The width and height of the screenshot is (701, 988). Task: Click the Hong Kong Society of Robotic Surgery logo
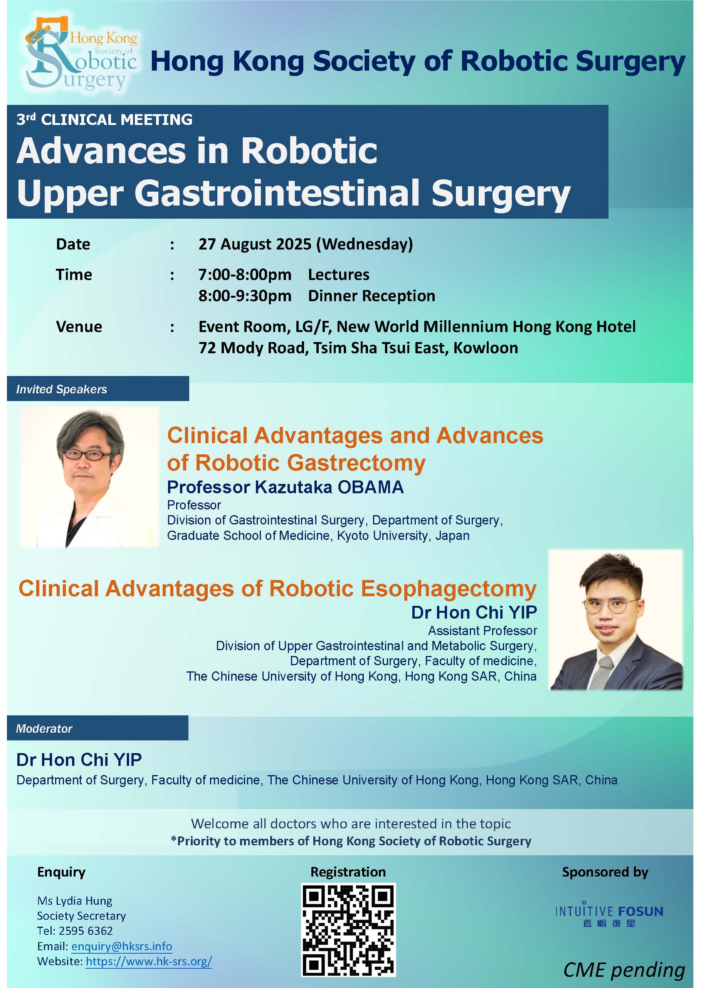click(81, 53)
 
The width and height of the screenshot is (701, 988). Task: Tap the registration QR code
click(348, 930)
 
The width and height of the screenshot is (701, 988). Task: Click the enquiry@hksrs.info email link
click(122, 946)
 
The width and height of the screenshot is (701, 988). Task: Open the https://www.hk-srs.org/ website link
click(149, 961)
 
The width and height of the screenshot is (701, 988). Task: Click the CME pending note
click(624, 969)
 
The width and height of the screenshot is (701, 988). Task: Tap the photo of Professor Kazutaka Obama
click(90, 477)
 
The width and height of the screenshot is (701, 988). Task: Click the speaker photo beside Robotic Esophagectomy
click(615, 619)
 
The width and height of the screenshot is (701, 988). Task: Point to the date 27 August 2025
click(255, 244)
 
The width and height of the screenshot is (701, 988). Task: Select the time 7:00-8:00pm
click(245, 275)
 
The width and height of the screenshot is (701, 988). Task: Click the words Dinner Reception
click(372, 296)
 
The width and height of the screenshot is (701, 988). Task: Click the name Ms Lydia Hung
click(75, 900)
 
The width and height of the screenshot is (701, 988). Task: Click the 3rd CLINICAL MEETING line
click(104, 119)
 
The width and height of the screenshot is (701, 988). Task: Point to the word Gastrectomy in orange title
click(356, 463)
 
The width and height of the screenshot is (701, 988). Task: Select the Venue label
click(79, 327)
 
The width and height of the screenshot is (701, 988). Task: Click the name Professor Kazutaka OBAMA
click(285, 487)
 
